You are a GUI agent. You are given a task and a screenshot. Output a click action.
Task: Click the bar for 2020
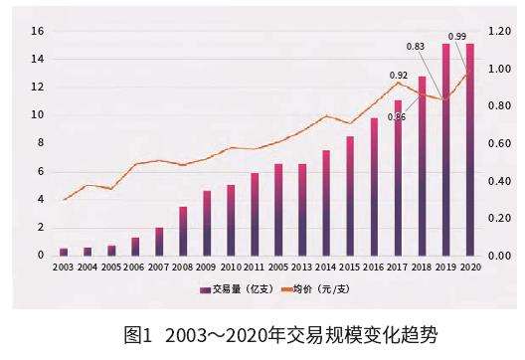point(469,149)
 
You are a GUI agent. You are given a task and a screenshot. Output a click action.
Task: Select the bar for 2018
point(422,165)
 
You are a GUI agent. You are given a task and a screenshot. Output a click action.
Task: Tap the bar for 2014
point(325,203)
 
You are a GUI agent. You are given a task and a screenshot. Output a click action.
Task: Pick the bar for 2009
point(207,223)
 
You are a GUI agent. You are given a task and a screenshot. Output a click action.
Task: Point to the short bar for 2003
point(64,252)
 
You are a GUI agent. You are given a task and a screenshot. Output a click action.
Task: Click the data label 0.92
point(398,76)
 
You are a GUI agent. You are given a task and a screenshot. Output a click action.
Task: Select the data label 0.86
point(396,117)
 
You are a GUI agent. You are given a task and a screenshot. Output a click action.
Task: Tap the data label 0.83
point(418,47)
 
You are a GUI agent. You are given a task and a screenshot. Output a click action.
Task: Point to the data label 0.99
point(457,37)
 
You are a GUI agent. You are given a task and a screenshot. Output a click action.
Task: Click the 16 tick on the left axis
point(38,31)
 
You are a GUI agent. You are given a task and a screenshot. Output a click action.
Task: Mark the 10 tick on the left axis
point(38,115)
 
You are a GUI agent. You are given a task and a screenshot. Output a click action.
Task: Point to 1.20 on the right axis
point(499,31)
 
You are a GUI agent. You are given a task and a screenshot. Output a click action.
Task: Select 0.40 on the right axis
point(499,181)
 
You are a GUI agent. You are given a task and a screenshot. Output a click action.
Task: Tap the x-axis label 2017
point(398,268)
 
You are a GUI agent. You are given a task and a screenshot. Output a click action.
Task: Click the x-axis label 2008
point(183,268)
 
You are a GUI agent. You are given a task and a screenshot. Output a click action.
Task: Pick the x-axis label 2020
point(469,268)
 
